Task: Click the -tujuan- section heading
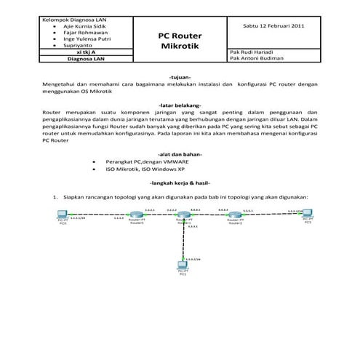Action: (180, 76)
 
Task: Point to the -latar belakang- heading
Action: (180, 105)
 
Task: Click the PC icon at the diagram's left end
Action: (63, 216)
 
